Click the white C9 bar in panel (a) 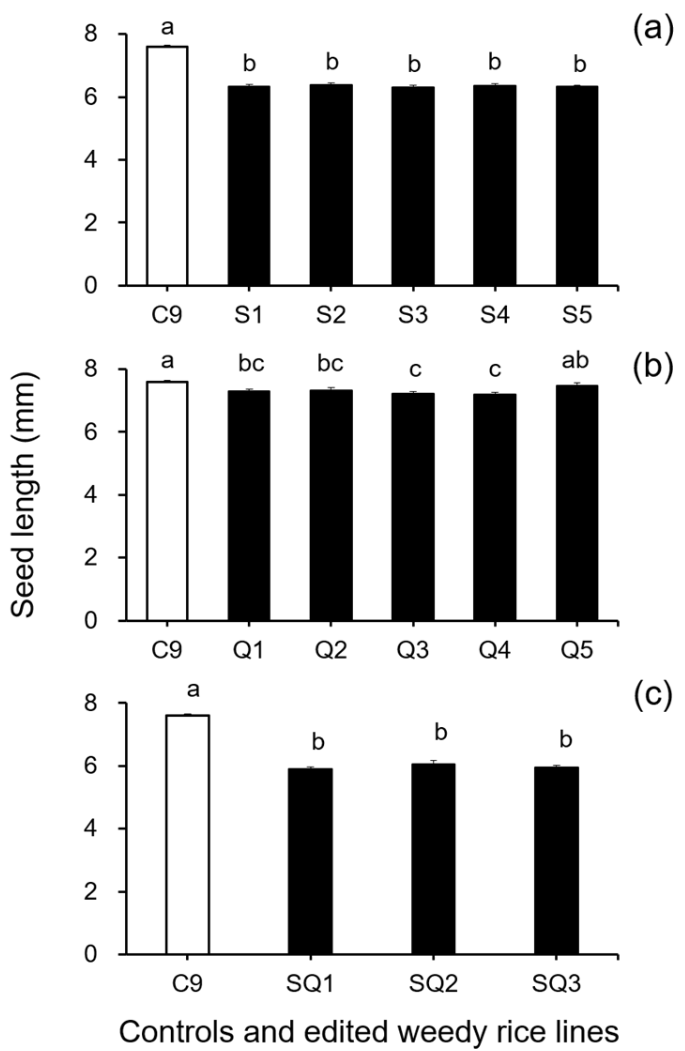(x=167, y=166)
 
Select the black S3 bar (x=413, y=186)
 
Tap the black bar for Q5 (x=577, y=503)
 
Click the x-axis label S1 (x=249, y=315)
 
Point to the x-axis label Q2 (x=331, y=650)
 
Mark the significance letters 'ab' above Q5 (x=577, y=361)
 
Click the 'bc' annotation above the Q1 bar (x=251, y=364)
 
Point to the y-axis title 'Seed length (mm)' (x=23, y=495)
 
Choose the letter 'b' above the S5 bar (x=580, y=65)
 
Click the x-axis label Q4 (x=495, y=650)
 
